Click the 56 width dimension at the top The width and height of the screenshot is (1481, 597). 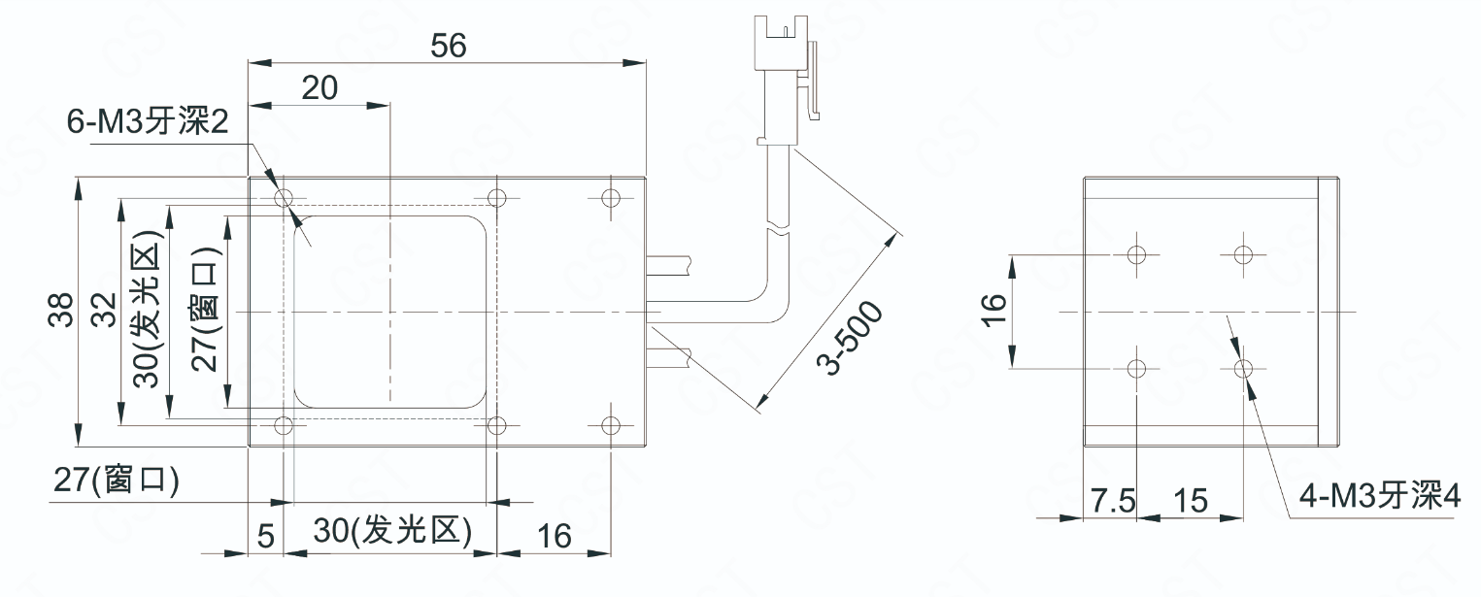[x=449, y=46]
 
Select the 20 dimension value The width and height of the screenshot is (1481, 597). [x=320, y=88]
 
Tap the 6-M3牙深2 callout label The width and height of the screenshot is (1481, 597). [x=148, y=121]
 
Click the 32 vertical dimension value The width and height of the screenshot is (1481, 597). [x=104, y=310]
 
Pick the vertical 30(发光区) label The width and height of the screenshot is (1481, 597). [x=147, y=309]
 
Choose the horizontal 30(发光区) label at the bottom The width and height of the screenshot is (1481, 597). [x=392, y=530]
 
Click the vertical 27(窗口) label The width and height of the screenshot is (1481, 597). [x=204, y=309]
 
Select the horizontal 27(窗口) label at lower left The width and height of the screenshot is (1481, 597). [x=117, y=480]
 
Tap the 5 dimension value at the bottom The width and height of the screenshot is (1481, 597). [x=266, y=536]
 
